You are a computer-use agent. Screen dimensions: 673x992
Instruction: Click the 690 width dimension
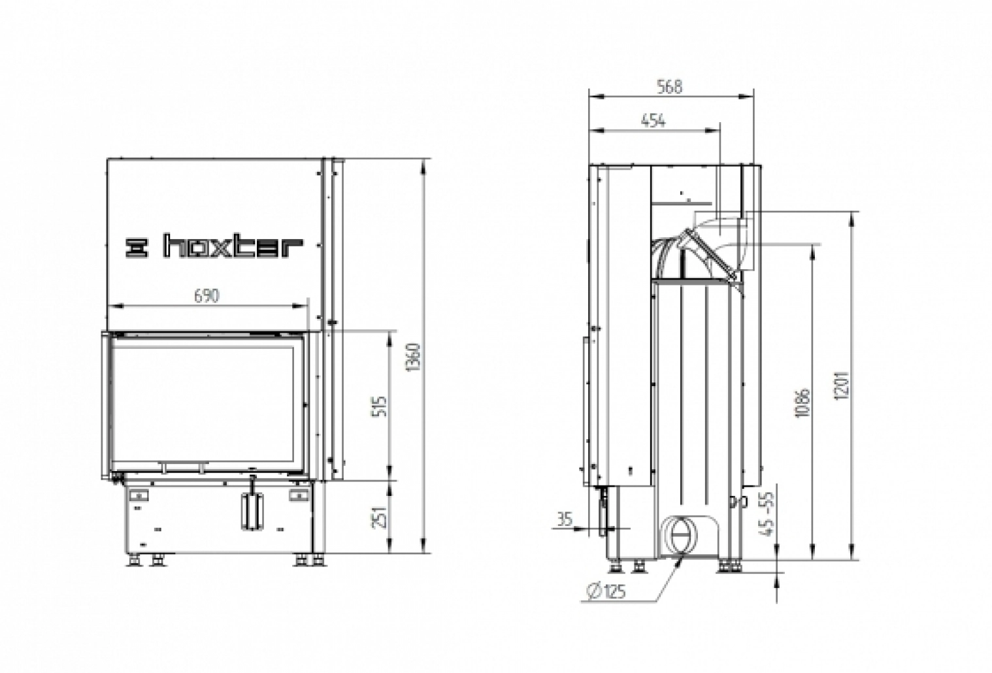point(206,295)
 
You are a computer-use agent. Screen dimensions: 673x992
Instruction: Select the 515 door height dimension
point(383,406)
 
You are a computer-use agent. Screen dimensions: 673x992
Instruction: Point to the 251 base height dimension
point(383,517)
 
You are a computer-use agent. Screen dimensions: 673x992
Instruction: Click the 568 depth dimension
point(670,87)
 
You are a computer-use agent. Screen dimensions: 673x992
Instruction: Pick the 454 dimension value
point(653,120)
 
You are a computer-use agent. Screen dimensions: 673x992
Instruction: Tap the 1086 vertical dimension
point(804,403)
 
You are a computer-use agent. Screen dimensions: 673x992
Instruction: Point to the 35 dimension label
point(564,519)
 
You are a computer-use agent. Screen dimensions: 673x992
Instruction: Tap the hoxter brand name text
point(233,247)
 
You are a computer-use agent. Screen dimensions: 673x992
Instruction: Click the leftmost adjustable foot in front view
point(135,560)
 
